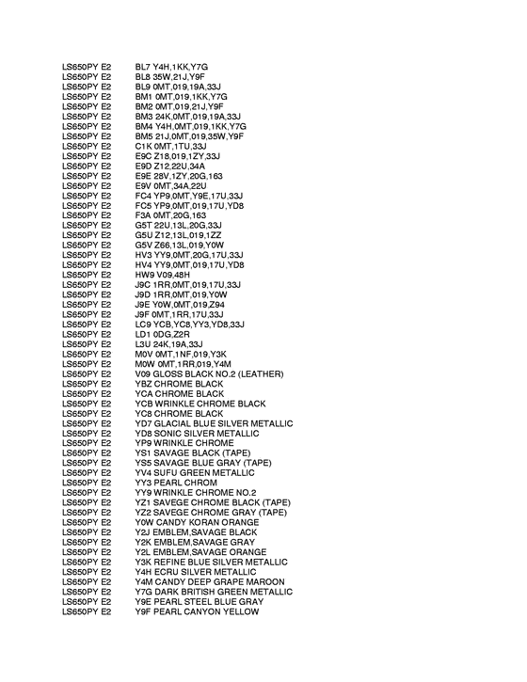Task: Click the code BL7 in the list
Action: (144, 67)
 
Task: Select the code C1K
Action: (144, 146)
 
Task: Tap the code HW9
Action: (145, 275)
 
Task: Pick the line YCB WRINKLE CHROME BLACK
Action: (200, 404)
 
